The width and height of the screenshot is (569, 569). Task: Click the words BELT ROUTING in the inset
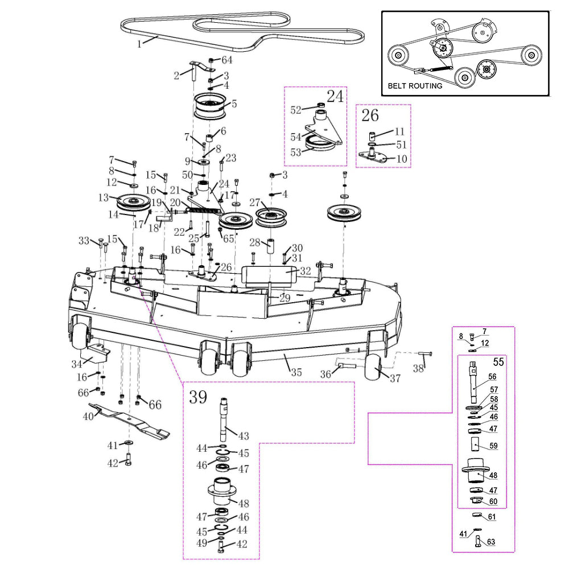pyautogui.click(x=415, y=86)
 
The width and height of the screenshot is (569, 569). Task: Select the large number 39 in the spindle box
pyautogui.click(x=198, y=397)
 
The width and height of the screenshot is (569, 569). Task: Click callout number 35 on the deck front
pyautogui.click(x=296, y=373)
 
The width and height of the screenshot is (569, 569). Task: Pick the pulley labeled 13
pyautogui.click(x=132, y=202)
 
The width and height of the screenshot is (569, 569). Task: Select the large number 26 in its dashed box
pyautogui.click(x=370, y=116)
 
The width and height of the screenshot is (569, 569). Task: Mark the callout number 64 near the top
pyautogui.click(x=227, y=60)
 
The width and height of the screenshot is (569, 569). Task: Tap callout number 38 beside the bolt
pyautogui.click(x=418, y=369)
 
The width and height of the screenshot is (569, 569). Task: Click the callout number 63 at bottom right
pyautogui.click(x=491, y=542)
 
